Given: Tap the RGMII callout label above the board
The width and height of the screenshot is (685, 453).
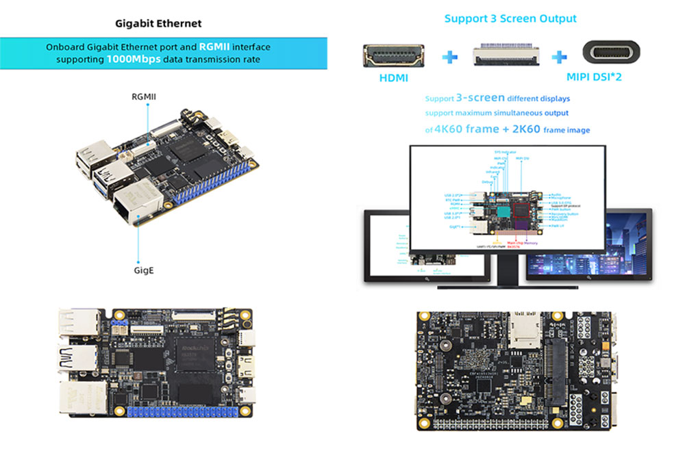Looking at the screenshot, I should (144, 96).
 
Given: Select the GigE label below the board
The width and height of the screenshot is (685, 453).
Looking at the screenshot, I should (144, 270).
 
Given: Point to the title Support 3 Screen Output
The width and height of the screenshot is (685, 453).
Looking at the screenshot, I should (510, 18).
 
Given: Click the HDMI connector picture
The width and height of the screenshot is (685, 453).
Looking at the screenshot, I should (393, 55).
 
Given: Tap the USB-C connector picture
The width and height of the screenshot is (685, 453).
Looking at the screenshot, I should (611, 54).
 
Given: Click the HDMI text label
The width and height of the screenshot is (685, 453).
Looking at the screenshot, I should (393, 78).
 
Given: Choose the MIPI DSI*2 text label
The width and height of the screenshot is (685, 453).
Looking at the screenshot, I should (594, 77).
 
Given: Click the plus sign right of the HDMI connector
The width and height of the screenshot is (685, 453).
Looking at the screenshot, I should (449, 56).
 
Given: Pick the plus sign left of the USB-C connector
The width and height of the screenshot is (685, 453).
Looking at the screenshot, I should (560, 56).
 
